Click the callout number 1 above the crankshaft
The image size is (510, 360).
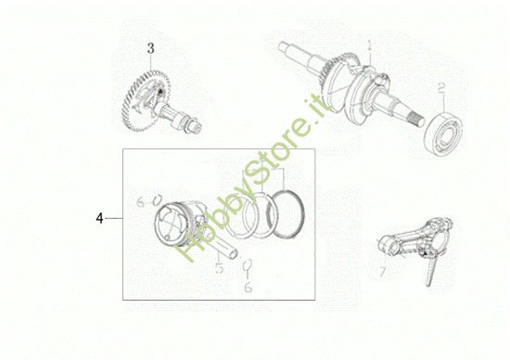click(369, 45)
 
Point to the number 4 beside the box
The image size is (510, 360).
click(98, 219)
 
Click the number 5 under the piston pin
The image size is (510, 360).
click(220, 270)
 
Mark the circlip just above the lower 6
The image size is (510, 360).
click(247, 269)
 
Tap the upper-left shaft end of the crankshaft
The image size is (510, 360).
click(283, 45)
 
